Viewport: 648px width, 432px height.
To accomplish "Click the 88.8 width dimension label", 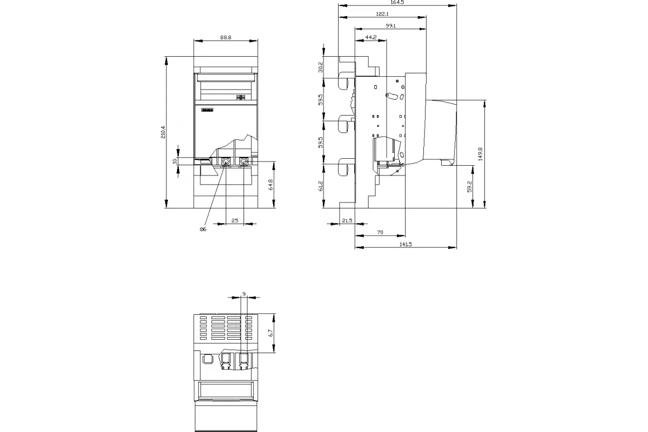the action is (226, 37).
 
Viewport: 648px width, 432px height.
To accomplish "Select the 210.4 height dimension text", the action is (163, 132).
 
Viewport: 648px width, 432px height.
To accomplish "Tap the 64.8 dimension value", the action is (271, 185).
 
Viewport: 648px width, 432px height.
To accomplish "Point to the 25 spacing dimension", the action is (235, 220).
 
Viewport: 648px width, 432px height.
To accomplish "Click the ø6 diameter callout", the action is (203, 229).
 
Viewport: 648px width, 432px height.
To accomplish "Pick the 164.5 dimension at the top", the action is (397, 2).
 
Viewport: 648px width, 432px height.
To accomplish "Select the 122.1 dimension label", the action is (382, 14).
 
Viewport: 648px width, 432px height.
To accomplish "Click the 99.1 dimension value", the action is (390, 26).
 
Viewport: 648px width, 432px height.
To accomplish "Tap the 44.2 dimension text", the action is (371, 37).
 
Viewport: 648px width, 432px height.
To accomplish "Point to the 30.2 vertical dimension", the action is (321, 67).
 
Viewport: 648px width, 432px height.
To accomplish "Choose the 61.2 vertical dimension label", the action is (321, 186).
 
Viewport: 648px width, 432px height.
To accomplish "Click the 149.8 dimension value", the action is (481, 154).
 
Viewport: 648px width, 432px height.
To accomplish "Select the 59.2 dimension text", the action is (469, 187).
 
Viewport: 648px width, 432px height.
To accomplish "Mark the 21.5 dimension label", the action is (347, 220).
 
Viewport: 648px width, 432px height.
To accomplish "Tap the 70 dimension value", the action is (380, 232).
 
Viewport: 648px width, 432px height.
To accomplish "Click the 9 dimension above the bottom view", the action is (244, 294).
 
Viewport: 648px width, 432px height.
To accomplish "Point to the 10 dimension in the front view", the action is (174, 161).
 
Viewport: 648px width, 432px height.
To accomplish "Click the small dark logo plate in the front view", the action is (207, 110).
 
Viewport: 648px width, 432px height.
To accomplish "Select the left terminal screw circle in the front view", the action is (226, 161).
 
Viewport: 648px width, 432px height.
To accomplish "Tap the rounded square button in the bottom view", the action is (208, 359).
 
